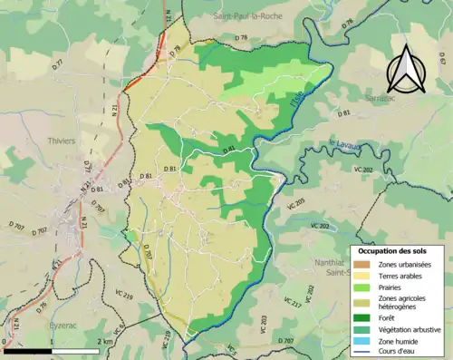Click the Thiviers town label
pos(63,141)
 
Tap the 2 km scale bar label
pos(108,340)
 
